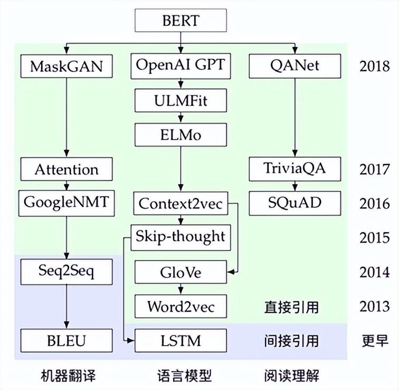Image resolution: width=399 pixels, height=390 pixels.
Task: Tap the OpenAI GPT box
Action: coord(180,66)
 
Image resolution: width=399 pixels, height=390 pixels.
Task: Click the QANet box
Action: coord(294,66)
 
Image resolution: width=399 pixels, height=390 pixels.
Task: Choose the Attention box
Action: coord(66,170)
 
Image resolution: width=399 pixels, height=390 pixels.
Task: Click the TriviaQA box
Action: coord(294,169)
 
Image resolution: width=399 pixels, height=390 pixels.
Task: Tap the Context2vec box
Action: coord(180,204)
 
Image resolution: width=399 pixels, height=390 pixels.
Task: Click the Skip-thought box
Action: coord(180,236)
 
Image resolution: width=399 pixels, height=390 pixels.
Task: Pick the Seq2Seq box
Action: coord(66,272)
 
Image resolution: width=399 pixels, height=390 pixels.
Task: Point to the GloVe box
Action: coord(180,273)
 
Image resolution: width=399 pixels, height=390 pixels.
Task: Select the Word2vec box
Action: coord(180,306)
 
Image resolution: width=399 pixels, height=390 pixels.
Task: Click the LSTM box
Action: coord(180,340)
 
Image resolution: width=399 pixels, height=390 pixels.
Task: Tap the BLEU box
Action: coord(66,340)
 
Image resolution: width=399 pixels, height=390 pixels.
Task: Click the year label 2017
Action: coord(374,170)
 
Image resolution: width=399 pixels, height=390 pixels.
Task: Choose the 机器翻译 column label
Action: coord(66,376)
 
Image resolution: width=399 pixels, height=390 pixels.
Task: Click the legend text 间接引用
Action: coord(291,341)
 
